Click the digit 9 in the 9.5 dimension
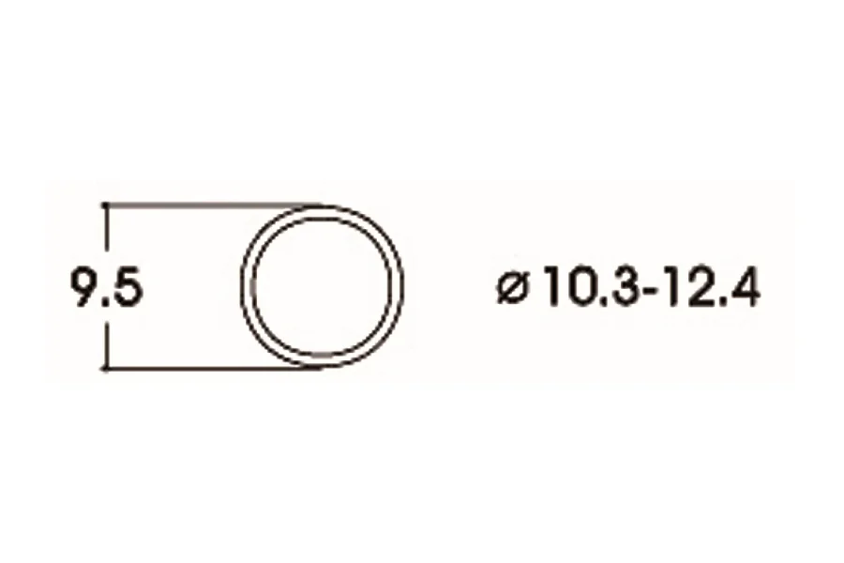(x=85, y=288)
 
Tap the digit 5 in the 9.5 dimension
(x=128, y=288)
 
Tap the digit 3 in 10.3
(x=623, y=287)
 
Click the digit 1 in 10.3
(x=551, y=287)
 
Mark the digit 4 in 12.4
(x=744, y=287)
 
